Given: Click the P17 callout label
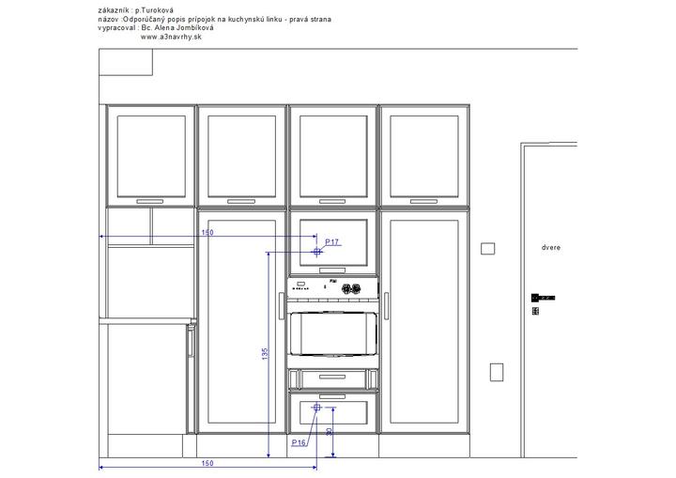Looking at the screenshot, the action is (331, 242).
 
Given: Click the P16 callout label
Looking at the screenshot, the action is (299, 442).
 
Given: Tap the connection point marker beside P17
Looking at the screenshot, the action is (317, 252).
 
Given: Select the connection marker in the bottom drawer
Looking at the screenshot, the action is (317, 408).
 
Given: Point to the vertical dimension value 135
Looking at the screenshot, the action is (265, 354).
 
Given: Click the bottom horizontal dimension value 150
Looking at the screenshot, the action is (207, 463).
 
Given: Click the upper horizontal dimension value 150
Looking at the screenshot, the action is (207, 233).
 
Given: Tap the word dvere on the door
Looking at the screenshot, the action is (551, 248).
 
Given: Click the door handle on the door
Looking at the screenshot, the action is (543, 298).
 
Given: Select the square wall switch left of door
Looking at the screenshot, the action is (487, 249).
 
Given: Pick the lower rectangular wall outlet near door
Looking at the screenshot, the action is (497, 372).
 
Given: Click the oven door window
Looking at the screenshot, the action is (332, 334).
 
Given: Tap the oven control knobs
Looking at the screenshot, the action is (351, 288).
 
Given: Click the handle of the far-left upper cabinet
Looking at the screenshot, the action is (150, 202).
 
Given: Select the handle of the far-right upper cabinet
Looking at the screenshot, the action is (423, 202).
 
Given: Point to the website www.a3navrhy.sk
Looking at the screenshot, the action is (171, 38).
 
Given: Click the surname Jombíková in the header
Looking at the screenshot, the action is (195, 28).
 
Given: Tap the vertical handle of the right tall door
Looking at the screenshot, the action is (386, 306).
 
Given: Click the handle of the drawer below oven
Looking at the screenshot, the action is (332, 378).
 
